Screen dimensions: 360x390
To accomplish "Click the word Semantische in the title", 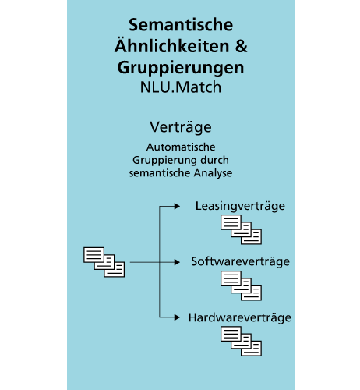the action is (181, 25).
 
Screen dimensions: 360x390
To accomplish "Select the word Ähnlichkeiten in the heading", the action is (172, 45).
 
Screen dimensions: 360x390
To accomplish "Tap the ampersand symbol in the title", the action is (242, 46).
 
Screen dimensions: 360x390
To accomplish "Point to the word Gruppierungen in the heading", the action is (181, 68).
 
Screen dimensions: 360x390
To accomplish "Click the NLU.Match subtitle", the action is (181, 87).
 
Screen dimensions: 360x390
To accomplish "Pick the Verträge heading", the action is (181, 127).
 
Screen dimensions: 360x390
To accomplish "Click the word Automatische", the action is (181, 147).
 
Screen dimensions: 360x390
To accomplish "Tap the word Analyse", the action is (213, 173).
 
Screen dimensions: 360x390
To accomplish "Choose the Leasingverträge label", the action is (240, 206).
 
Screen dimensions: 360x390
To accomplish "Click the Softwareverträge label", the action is (241, 261).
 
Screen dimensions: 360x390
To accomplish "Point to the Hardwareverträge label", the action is (240, 317).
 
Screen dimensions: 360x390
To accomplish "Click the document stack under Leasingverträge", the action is (241, 229).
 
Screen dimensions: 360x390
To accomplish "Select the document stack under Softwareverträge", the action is (241, 285).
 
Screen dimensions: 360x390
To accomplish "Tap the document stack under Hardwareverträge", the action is (241, 342).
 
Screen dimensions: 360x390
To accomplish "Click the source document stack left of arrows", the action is (104, 262).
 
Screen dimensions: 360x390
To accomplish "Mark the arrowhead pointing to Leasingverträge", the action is (177, 207).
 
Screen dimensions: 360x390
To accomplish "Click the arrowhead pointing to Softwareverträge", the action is (177, 262).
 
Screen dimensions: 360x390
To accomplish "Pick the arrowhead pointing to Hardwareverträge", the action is (177, 317).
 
